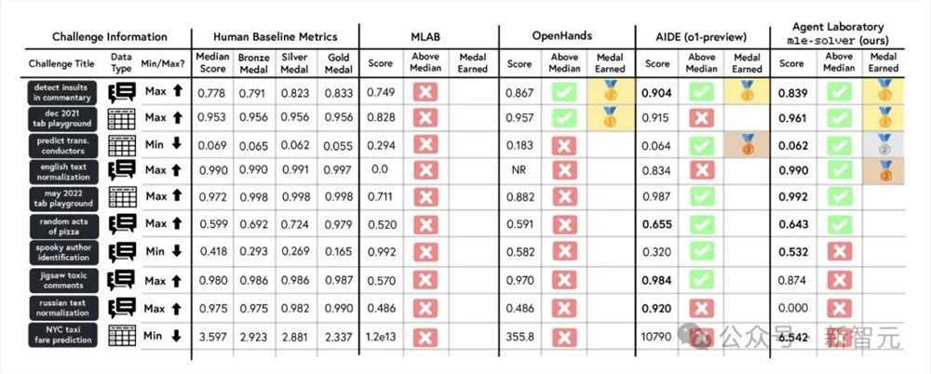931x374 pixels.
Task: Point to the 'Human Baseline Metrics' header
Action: point(274,37)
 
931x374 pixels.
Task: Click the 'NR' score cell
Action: point(519,172)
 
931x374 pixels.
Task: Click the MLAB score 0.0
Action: point(381,172)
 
